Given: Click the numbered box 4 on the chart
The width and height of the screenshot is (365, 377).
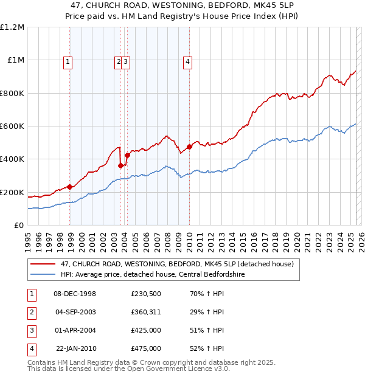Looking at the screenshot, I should [189, 61].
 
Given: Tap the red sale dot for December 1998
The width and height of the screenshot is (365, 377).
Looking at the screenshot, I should [70, 187].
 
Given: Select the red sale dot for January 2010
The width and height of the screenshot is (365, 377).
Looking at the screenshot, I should [189, 147].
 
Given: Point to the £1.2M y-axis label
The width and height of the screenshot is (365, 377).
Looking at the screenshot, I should [12, 27].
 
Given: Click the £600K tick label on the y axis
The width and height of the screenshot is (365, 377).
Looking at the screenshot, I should [12, 126].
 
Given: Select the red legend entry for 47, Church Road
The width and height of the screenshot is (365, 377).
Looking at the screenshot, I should [177, 264].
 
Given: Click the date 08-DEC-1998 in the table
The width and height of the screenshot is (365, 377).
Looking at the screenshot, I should [75, 294].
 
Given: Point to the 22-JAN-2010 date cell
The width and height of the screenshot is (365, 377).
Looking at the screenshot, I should [75, 348].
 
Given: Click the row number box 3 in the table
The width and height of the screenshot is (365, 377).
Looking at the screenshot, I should [31, 330].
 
